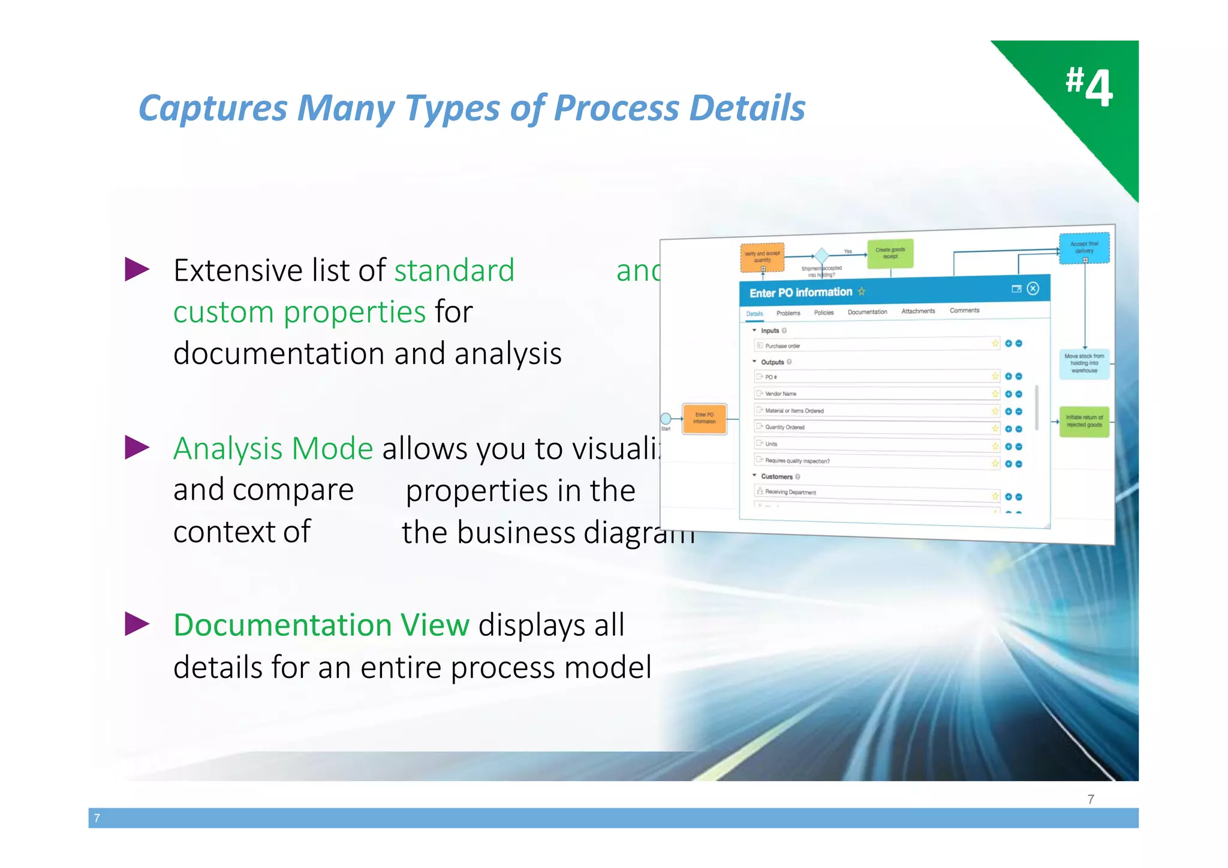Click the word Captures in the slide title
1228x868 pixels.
point(213,109)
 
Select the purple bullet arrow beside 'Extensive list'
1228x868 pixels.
point(137,269)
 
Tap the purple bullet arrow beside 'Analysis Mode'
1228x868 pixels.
point(137,447)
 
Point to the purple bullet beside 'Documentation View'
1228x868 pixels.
point(137,624)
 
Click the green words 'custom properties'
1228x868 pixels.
point(299,312)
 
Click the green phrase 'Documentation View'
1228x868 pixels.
point(321,624)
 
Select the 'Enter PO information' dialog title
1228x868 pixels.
point(800,292)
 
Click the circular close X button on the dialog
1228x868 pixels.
point(1033,289)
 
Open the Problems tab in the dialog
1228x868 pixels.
point(788,313)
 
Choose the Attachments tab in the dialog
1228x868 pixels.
point(918,311)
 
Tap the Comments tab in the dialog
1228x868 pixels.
point(964,310)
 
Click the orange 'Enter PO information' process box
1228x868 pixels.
point(705,418)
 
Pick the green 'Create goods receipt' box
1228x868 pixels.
point(890,253)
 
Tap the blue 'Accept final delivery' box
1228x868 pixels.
point(1084,247)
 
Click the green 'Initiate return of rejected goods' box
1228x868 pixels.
point(1084,421)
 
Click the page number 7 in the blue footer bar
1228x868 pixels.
point(97,818)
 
